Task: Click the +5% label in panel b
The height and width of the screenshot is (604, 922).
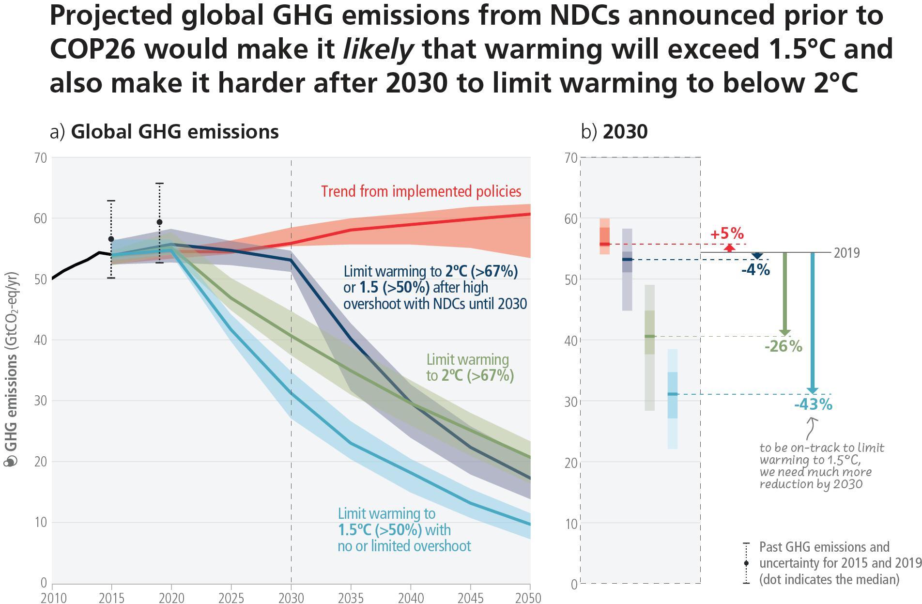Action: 727,233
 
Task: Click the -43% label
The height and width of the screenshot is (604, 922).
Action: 813,404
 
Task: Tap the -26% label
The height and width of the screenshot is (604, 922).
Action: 783,346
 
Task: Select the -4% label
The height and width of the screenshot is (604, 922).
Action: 755,269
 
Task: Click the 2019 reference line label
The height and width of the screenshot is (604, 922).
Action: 847,253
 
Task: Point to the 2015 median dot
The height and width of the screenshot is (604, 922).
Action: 111,239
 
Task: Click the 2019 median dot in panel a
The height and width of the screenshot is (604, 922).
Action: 159,222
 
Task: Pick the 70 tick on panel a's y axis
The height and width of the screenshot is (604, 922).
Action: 41,158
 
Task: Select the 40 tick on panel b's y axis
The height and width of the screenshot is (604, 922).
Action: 571,341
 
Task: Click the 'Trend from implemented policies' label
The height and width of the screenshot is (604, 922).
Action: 421,191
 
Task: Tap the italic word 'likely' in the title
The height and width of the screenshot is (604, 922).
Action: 378,49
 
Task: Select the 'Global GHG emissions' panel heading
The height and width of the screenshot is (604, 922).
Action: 174,132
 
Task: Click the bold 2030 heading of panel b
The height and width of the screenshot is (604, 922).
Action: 625,132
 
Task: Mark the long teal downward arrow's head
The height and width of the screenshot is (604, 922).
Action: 813,390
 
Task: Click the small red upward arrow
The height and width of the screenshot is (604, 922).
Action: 729,248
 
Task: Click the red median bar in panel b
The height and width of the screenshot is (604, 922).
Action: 604,244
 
